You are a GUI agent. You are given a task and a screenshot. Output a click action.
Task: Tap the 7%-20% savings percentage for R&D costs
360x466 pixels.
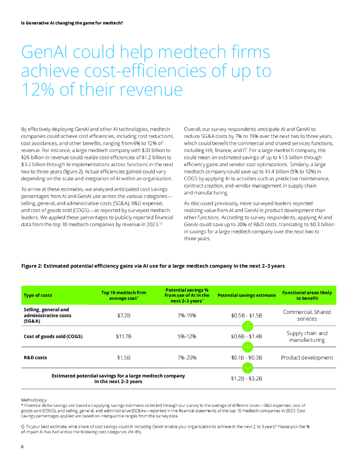187,357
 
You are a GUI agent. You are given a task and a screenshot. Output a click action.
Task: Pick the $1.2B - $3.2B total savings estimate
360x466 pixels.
247,379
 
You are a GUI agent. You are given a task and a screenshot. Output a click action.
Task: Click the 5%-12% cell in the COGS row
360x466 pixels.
187,336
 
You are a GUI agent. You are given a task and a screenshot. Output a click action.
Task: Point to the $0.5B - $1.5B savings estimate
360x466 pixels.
247,315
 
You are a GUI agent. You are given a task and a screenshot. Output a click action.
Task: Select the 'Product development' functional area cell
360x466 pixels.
307,357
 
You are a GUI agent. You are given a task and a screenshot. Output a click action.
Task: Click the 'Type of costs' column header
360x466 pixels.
38,295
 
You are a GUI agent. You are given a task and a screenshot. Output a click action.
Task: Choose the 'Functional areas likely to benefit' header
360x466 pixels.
307,295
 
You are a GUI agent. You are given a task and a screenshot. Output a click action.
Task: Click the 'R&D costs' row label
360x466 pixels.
35,357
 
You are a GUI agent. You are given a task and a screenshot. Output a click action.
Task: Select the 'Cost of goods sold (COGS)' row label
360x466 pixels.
52,336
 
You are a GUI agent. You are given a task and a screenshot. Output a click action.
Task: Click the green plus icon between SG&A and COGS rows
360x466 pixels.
247,326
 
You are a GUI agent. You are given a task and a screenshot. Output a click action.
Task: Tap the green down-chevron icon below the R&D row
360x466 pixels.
247,368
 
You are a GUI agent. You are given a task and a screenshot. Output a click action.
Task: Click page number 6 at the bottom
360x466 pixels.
23,446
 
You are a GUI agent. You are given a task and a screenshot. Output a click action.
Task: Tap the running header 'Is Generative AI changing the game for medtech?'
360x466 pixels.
72,23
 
